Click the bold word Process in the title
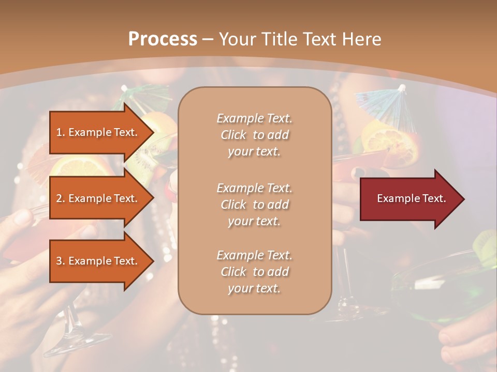[x=163, y=39]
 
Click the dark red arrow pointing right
[x=412, y=199]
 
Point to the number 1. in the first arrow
[x=61, y=132]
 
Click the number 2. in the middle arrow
[x=61, y=198]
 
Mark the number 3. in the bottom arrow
[x=61, y=261]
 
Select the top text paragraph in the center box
[x=255, y=135]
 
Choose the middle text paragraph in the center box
[x=255, y=204]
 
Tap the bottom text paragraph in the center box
[x=255, y=272]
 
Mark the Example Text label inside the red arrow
[x=411, y=198]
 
